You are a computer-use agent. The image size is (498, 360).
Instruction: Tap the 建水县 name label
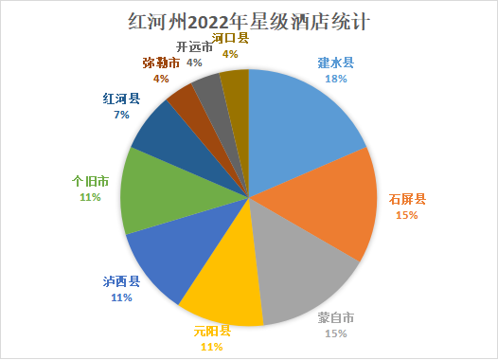pyautogui.click(x=335, y=64)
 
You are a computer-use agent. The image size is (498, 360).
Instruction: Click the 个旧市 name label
pyautogui.click(x=92, y=181)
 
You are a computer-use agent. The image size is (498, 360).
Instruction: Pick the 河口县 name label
pyautogui.click(x=230, y=39)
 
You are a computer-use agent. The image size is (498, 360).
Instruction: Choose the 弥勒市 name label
pyautogui.click(x=161, y=63)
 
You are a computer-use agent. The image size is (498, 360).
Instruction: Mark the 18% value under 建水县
pyautogui.click(x=335, y=80)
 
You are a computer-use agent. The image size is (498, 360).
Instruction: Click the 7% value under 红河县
pyautogui.click(x=120, y=114)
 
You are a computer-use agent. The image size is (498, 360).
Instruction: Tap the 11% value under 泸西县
pyautogui.click(x=120, y=297)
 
